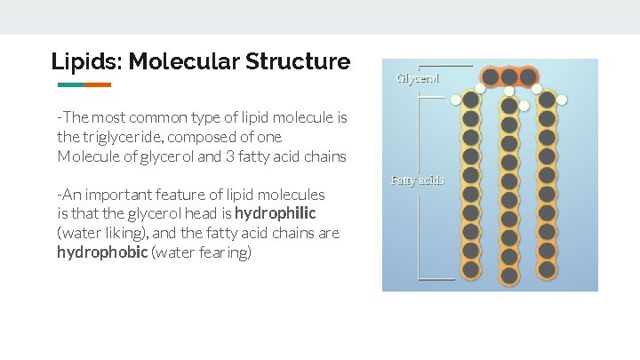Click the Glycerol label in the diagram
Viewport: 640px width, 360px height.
[417, 78]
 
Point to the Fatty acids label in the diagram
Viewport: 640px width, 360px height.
[417, 180]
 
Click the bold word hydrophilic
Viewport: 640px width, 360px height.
[276, 214]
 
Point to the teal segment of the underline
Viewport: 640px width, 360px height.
[71, 85]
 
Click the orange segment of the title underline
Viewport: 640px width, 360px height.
[98, 85]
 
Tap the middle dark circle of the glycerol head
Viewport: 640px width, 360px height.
[508, 77]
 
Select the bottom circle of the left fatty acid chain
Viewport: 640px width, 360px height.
[471, 270]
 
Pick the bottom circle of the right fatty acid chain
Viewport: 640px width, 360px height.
[547, 270]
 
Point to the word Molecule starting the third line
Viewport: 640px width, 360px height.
[86, 156]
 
